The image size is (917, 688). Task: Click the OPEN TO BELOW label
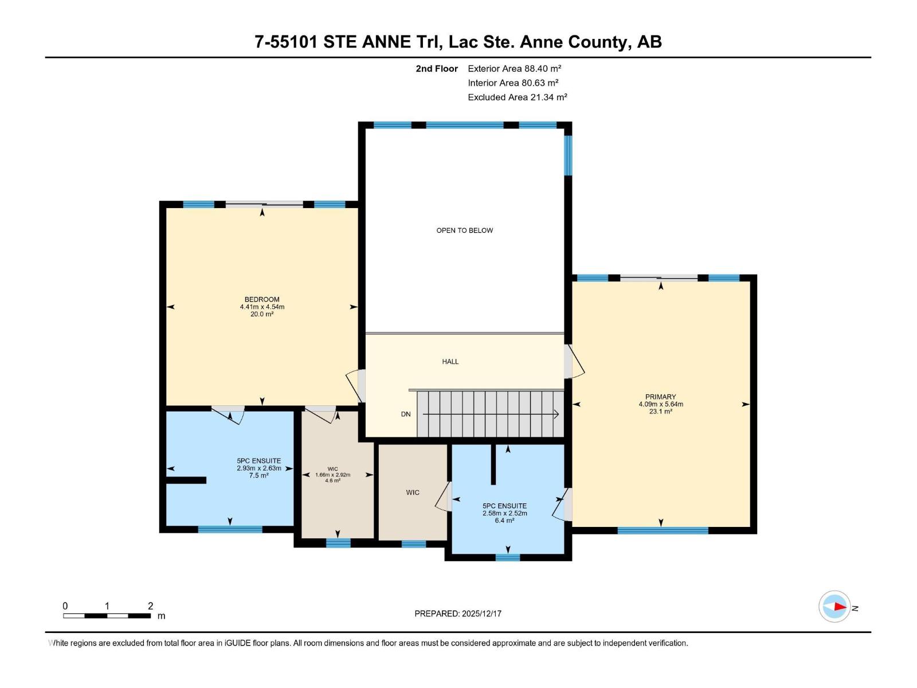pos(464,230)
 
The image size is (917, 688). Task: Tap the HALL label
pos(450,362)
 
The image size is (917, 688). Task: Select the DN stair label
pos(406,414)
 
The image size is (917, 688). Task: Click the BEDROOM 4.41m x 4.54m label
pos(262,307)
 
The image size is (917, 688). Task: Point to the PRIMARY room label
pos(660,404)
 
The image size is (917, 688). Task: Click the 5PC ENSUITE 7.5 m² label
pos(258,468)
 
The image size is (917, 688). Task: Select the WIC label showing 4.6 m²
pos(332,475)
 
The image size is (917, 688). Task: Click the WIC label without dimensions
pos(413,492)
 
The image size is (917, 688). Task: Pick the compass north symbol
pos(834,607)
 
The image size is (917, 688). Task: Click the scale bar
pos(107,615)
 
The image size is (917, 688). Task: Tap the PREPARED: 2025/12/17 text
pos(458,613)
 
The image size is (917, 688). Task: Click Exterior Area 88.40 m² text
pos(514,68)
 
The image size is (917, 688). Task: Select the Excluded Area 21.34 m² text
pos(517,97)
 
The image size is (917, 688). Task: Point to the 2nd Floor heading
pos(437,68)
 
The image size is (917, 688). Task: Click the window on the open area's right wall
pos(568,154)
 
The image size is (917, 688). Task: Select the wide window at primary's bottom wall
pos(663,530)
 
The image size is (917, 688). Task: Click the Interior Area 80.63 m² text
pos(513,83)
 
